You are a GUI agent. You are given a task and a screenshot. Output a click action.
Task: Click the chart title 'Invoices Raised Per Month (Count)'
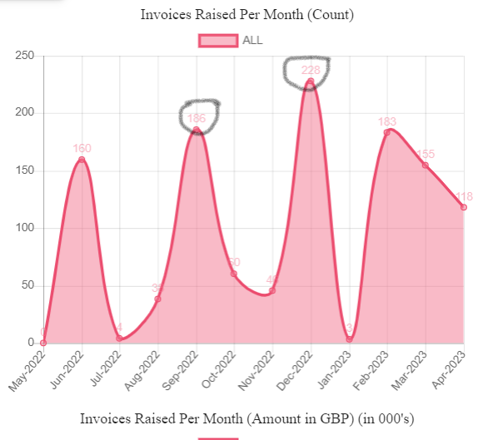point(247,14)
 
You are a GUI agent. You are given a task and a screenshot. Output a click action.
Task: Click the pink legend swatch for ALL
point(218,40)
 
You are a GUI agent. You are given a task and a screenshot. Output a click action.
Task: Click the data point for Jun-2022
point(82,159)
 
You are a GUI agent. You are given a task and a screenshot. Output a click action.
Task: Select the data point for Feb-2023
point(387,132)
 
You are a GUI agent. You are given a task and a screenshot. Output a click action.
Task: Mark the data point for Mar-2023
point(426,165)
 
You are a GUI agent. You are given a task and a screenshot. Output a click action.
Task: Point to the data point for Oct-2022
point(234,274)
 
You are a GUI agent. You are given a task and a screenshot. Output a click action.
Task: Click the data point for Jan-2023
point(349,339)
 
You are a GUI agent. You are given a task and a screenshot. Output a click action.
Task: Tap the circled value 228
point(310,70)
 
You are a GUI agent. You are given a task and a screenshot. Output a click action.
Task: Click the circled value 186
point(197,118)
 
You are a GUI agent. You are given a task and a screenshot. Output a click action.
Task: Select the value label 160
point(82,148)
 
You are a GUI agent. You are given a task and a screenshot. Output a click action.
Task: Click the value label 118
point(465,196)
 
